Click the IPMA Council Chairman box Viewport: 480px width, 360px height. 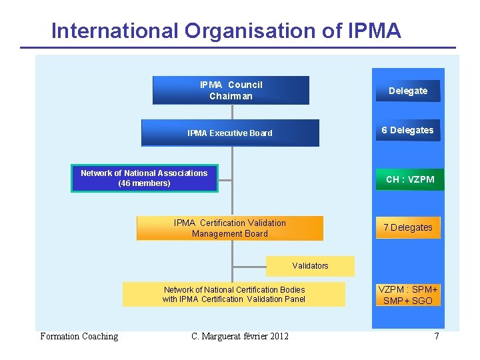[x=231, y=90]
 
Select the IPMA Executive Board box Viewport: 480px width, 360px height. [x=230, y=133]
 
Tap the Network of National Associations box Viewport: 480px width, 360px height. [x=144, y=178]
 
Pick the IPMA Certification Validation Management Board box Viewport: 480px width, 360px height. [x=229, y=228]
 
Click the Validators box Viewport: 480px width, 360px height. [x=310, y=265]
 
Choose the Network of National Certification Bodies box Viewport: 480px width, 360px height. [x=233, y=294]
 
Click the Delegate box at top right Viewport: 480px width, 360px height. [x=408, y=91]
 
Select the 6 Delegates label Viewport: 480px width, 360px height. [x=407, y=130]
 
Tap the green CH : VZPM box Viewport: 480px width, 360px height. [x=410, y=179]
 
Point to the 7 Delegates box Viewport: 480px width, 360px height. [x=407, y=227]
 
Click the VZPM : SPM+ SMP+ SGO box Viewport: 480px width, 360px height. [x=408, y=295]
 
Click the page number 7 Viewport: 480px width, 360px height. [x=437, y=336]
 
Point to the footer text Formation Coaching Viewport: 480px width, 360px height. [x=79, y=336]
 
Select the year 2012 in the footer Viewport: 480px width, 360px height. [x=279, y=336]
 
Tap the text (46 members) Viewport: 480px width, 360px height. [x=144, y=183]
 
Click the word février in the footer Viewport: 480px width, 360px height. [x=253, y=336]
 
